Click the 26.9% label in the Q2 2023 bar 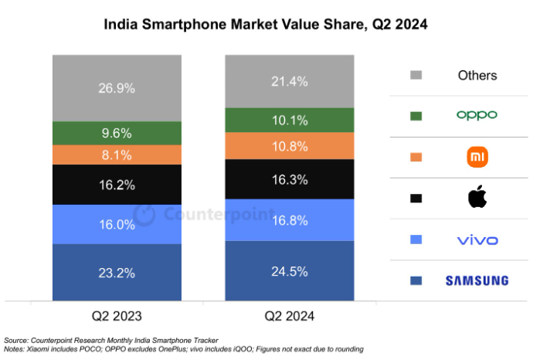click(117, 88)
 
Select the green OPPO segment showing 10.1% click(290, 120)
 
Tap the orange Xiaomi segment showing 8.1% click(117, 155)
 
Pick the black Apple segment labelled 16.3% click(290, 179)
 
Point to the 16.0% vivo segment click(117, 224)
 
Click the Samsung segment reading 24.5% click(290, 271)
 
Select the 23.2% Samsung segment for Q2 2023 click(117, 272)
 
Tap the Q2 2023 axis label click(117, 316)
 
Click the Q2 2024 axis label click(289, 316)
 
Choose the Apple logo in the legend click(477, 197)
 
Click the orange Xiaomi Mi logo click(477, 157)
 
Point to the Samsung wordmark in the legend click(477, 280)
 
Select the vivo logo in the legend click(477, 240)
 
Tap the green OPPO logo click(477, 115)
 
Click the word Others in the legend click(477, 76)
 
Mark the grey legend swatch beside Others click(416, 75)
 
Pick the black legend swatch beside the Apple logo click(416, 199)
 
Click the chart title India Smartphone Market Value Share click(236, 25)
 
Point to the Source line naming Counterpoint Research click(110, 340)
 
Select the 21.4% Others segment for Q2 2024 click(290, 82)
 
